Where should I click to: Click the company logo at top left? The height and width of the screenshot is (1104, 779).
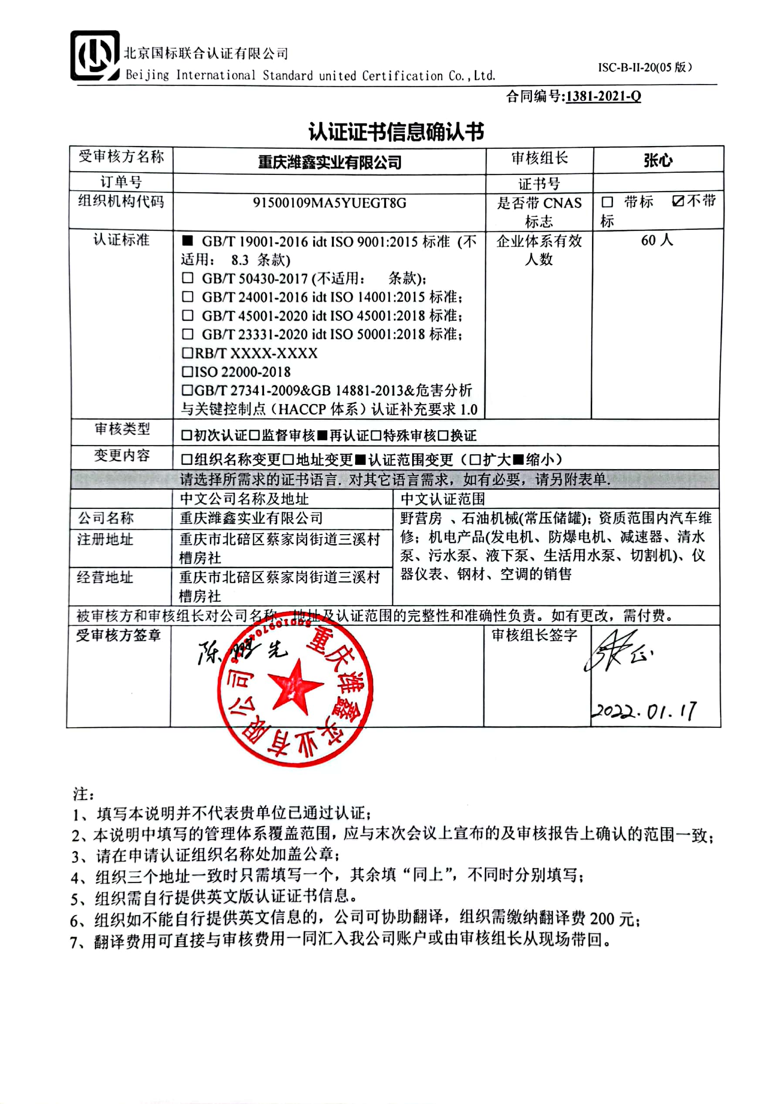[x=95, y=56]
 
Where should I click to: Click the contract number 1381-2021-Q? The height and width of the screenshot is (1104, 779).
[x=603, y=96]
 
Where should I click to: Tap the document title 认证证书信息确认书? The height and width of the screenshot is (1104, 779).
[x=396, y=132]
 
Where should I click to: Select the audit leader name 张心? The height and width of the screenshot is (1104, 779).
[x=658, y=160]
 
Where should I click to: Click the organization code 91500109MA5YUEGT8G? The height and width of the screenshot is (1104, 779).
[x=329, y=203]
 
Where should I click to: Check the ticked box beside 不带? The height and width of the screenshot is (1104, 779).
[x=677, y=201]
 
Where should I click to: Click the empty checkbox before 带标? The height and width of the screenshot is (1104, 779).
[x=607, y=202]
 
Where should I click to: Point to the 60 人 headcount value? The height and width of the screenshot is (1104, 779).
[x=657, y=240]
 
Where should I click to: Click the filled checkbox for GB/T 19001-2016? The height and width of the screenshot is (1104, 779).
[x=187, y=240]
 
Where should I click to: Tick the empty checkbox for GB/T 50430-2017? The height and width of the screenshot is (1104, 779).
[x=187, y=278]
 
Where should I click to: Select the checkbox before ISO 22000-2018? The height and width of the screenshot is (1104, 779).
[x=187, y=371]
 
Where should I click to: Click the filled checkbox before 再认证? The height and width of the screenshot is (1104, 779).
[x=322, y=436]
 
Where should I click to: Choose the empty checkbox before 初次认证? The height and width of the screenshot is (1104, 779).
[x=186, y=436]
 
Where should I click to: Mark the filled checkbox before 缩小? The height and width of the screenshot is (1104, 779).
[x=518, y=460]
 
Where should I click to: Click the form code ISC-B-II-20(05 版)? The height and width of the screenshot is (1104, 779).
[x=644, y=67]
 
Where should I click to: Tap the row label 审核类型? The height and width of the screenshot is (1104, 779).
[x=122, y=429]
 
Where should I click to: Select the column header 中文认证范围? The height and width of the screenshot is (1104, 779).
[x=443, y=499]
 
